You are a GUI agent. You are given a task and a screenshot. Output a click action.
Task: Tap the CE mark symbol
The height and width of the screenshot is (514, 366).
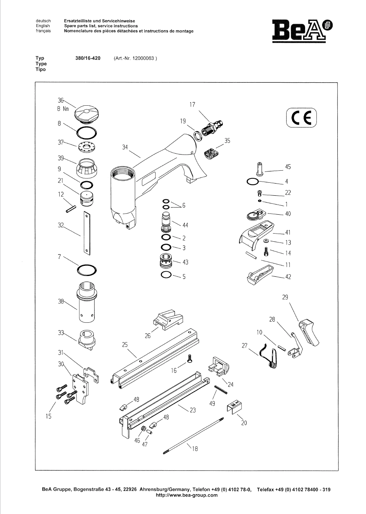(301, 118)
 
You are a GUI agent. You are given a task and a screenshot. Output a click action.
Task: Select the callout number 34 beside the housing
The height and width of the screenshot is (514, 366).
(125, 147)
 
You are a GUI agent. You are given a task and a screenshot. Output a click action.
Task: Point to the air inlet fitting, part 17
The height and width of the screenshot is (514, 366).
(212, 127)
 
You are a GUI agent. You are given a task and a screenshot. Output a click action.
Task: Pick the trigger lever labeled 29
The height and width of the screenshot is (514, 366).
(309, 333)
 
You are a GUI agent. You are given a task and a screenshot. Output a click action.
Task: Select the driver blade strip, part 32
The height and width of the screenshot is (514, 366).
(87, 233)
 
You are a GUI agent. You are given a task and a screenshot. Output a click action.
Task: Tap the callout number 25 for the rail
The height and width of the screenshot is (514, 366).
(125, 345)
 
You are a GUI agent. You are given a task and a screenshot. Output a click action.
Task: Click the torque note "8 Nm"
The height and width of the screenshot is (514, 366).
(63, 109)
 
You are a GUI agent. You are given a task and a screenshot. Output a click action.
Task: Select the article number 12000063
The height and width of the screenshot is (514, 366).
(143, 58)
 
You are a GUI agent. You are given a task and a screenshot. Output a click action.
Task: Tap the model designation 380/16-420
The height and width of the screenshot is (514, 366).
(88, 58)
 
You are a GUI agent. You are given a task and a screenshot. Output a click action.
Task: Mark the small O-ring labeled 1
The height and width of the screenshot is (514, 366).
(260, 201)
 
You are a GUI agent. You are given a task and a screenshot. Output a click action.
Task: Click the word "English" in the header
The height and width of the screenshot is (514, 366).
(43, 26)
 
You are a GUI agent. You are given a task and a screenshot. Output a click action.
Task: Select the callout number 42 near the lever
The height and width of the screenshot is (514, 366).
(288, 277)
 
